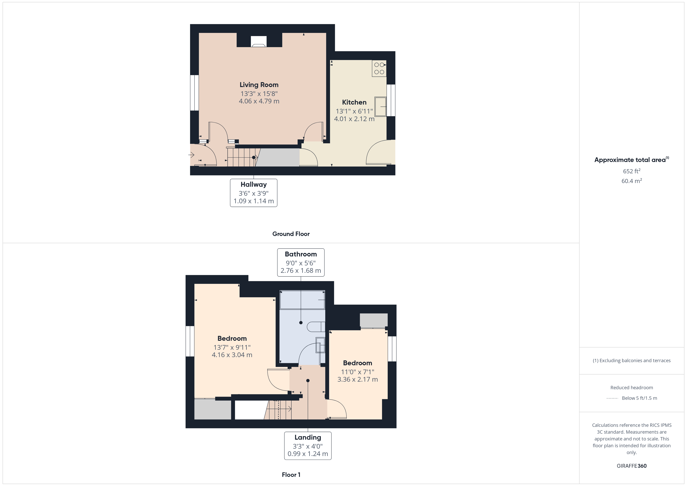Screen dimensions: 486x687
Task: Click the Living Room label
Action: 259,85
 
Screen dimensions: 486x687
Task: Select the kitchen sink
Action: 381,107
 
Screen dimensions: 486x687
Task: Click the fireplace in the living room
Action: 259,42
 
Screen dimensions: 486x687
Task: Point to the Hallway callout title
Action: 253,185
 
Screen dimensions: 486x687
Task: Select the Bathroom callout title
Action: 300,254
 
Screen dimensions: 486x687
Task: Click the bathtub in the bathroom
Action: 302,299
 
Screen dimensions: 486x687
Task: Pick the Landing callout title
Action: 308,438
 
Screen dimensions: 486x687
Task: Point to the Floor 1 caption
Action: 291,475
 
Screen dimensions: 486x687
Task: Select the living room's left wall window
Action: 195,92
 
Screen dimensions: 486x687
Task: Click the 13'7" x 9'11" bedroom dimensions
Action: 232,347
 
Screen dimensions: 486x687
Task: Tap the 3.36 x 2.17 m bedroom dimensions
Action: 357,379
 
